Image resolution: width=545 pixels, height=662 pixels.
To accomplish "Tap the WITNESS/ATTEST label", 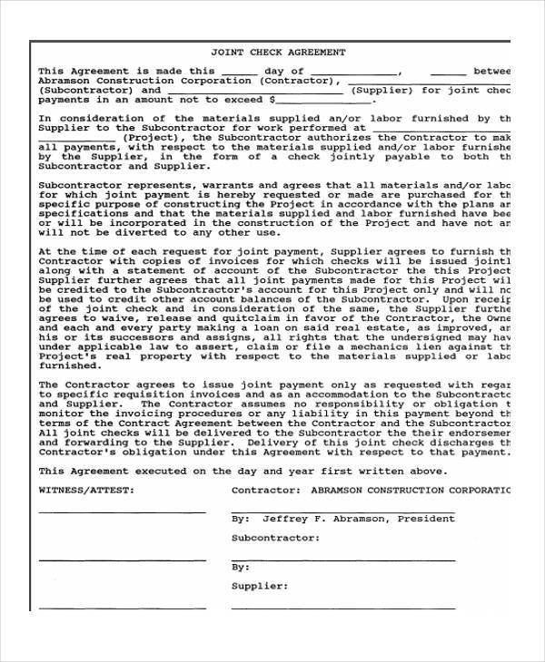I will (x=86, y=490).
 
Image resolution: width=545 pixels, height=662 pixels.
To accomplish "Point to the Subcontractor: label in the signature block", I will (x=275, y=538).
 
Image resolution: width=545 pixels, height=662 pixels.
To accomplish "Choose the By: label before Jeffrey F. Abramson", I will (x=241, y=520).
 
